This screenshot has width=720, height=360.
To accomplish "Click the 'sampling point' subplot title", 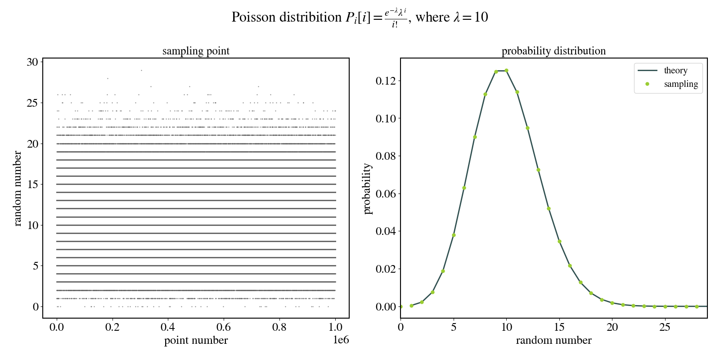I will coord(196,51).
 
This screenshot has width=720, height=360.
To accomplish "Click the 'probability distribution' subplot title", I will coord(553,51).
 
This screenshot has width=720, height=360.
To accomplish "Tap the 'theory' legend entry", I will coord(675,71).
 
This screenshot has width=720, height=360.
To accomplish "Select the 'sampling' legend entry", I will coord(680,84).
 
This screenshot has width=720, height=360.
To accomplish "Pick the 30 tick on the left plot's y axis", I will coord(32,62).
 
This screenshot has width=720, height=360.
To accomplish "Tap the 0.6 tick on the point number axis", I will coord(224,327).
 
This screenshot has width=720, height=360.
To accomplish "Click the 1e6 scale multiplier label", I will coord(341,340).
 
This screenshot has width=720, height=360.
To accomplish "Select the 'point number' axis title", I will coord(196,340).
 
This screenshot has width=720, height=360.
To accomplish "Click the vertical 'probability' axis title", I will coord(368,189).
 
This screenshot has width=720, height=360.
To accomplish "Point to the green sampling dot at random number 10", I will coord(506,71).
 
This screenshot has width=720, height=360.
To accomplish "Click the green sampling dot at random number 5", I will coord(454,235).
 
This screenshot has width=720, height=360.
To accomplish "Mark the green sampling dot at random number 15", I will coord(559,241).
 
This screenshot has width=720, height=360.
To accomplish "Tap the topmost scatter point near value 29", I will coord(141,70).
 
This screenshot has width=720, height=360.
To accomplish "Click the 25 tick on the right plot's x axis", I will coord(665,327).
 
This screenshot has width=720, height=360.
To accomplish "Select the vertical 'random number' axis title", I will coord(18,189).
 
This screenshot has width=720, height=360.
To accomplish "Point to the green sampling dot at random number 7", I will coord(475,137).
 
